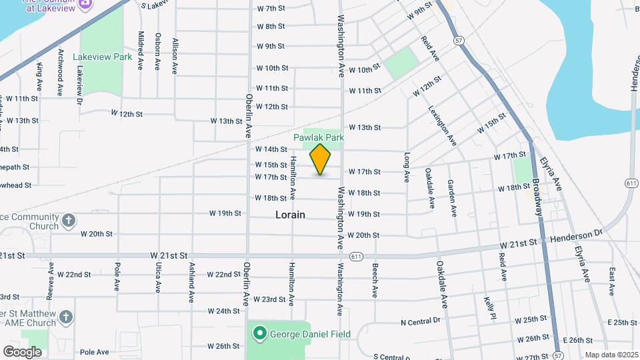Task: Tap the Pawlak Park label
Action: pyautogui.click(x=319, y=137)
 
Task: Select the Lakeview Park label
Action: pyautogui.click(x=102, y=57)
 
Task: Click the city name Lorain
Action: pyautogui.click(x=290, y=215)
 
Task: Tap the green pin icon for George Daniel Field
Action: pyautogui.click(x=259, y=333)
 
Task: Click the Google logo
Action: pyautogui.click(x=22, y=351)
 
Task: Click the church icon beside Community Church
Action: pyautogui.click(x=68, y=221)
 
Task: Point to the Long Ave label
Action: pyautogui.click(x=407, y=167)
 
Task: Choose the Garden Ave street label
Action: pyautogui.click(x=453, y=197)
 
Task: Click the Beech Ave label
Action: pyautogui.click(x=375, y=280)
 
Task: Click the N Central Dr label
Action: pyautogui.click(x=421, y=321)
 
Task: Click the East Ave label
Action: pyautogui.click(x=611, y=281)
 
